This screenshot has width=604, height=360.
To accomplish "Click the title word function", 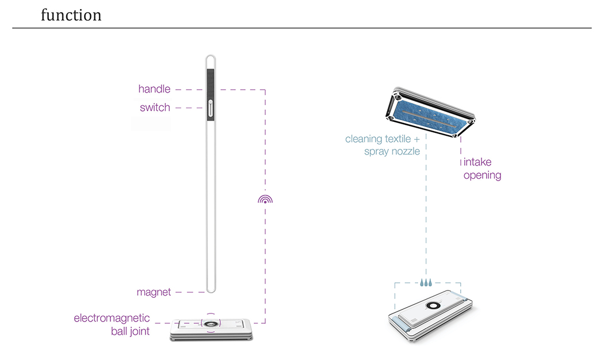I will click(71, 15).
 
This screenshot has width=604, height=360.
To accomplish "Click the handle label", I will click(154, 89).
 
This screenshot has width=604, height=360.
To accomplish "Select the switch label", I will click(155, 108).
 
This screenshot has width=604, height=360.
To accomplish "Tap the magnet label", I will click(154, 292).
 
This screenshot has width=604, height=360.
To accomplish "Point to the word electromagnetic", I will click(112, 318).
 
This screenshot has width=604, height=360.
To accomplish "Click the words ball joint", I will click(131, 331).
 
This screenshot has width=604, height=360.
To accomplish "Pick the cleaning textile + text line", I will click(382, 139).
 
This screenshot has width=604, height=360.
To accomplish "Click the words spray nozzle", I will click(392, 152).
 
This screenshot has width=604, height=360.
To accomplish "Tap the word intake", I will click(477, 162).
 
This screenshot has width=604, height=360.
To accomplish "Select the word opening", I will click(482, 175).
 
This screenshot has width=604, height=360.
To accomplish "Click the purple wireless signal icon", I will click(265, 199).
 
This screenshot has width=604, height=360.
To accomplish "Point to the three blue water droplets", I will click(426, 282).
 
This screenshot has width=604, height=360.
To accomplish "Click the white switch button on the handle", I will click(211, 108).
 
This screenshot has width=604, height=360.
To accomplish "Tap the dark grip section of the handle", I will click(211, 83).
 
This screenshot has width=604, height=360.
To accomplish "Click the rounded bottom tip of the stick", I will click(211, 290).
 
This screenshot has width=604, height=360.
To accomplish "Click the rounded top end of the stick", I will click(211, 58).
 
